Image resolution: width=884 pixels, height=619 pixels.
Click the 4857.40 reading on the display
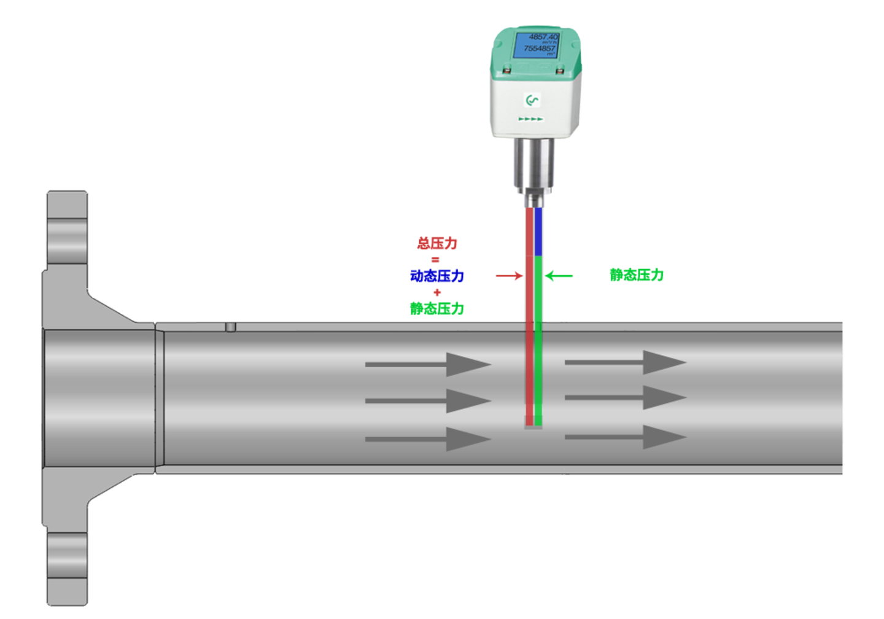click(x=543, y=37)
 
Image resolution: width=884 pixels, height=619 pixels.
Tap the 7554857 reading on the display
click(x=539, y=48)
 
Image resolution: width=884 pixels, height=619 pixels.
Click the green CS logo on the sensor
click(x=532, y=100)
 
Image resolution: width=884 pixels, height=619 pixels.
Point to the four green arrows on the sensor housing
click(x=531, y=119)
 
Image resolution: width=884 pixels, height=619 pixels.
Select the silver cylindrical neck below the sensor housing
click(x=533, y=163)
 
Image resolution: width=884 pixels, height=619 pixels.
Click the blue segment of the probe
click(x=538, y=232)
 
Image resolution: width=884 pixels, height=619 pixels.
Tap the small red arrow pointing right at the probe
click(x=509, y=276)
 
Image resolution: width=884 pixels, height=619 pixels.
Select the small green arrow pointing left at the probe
click(x=559, y=276)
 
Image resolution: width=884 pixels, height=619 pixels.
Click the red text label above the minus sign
click(x=438, y=243)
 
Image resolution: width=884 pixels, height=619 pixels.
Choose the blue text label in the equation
click(x=437, y=275)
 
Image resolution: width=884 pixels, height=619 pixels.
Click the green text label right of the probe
click(x=637, y=274)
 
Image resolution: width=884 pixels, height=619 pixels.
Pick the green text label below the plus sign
click(x=437, y=308)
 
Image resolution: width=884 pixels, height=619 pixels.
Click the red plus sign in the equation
click(x=437, y=292)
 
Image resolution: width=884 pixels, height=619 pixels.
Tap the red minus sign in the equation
click(x=436, y=260)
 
